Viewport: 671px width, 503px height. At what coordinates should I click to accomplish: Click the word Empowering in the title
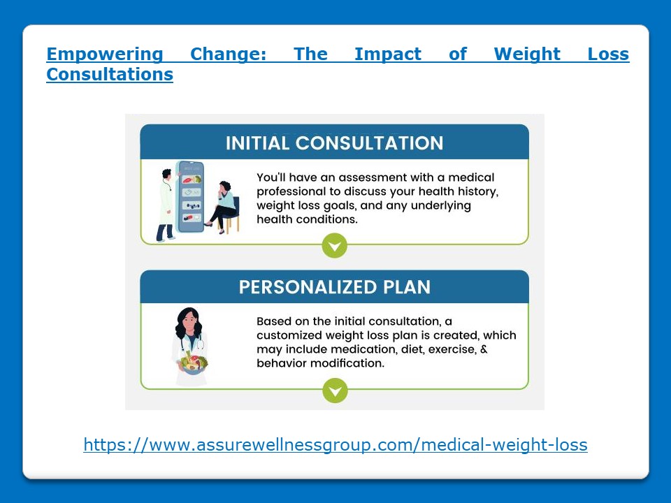pos(104,54)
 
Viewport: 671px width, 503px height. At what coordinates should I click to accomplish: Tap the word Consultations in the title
pos(110,74)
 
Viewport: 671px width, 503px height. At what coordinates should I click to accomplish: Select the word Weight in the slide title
pos(527,54)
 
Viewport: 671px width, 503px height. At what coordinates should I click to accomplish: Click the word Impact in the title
pos(388,54)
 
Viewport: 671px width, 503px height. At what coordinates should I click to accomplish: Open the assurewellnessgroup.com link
pos(335,444)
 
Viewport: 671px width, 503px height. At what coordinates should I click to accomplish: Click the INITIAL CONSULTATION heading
pos(334,143)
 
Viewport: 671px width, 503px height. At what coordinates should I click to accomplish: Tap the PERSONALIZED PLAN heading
pos(334,288)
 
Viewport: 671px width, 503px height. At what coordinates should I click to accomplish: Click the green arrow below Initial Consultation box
pos(335,245)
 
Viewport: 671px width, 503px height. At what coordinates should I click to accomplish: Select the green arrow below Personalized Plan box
pos(335,390)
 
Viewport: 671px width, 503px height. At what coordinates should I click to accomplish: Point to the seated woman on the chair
pos(225,205)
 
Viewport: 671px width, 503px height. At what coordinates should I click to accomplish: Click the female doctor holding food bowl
pos(189,346)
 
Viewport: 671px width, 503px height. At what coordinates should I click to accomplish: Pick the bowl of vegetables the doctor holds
pos(191,363)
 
